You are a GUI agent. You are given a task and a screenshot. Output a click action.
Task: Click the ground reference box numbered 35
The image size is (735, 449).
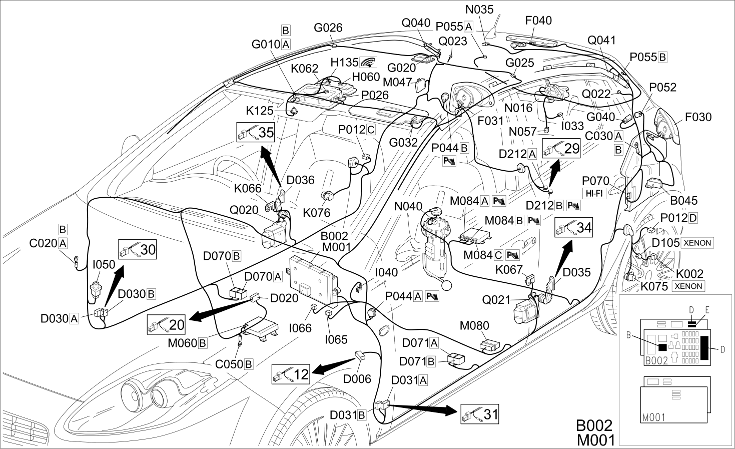(x=255, y=132)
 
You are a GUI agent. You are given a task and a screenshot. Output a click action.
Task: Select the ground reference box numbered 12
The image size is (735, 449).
(x=291, y=374)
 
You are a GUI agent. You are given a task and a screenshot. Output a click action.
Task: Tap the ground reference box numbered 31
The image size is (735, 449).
(x=480, y=414)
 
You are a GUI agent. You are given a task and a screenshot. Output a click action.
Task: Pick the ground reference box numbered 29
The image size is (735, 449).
(x=561, y=148)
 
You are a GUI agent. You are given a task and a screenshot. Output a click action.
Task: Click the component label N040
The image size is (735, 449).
(x=408, y=206)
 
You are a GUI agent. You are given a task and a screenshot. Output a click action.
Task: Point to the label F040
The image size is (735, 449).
(x=538, y=21)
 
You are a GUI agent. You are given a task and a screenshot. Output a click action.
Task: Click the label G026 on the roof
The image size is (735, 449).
(x=328, y=28)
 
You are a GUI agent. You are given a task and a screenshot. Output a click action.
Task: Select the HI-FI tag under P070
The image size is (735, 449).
(x=594, y=193)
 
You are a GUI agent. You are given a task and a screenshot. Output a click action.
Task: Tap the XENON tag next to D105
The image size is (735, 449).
(x=697, y=243)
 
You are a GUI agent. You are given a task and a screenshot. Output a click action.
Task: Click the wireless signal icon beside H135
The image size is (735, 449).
(x=368, y=62)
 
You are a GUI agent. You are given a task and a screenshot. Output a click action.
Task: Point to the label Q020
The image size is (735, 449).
(x=244, y=210)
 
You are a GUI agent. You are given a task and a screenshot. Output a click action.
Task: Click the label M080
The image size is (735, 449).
(x=474, y=325)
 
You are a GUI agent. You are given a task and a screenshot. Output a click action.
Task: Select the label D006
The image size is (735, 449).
(x=357, y=379)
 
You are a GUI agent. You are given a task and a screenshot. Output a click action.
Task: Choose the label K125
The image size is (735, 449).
(x=260, y=111)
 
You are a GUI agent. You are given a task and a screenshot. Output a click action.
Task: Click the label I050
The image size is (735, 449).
(x=104, y=264)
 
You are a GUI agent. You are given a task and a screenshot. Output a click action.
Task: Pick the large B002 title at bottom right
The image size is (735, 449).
(x=594, y=425)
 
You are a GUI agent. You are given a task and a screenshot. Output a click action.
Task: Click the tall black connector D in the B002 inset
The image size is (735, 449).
(x=704, y=347)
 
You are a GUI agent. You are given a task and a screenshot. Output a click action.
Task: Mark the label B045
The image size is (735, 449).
(x=684, y=201)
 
